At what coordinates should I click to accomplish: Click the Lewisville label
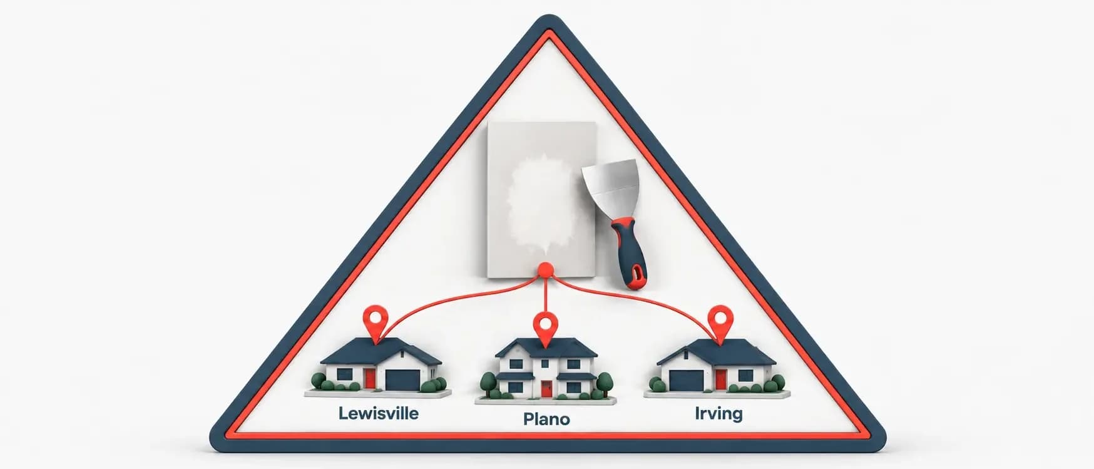(378, 414)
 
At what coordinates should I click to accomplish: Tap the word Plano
(546, 419)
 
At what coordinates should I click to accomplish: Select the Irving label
(718, 414)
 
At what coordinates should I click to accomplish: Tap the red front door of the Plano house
(546, 389)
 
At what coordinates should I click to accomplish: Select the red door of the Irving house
(721, 379)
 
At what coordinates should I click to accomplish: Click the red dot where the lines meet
(546, 271)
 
